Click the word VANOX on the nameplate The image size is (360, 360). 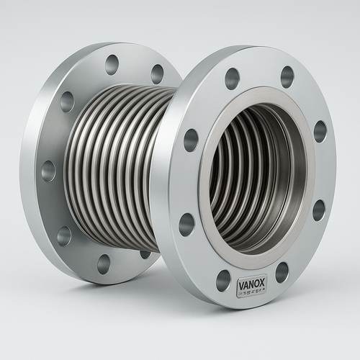[251, 284]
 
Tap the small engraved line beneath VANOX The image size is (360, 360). [251, 292]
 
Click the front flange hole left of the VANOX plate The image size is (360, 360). [223, 280]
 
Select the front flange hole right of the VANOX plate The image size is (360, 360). [282, 271]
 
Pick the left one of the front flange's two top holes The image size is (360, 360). [232, 78]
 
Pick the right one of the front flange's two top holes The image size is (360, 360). [287, 76]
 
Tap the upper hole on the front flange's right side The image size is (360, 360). [320, 131]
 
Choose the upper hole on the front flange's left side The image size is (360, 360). [191, 140]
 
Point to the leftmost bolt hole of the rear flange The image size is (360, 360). [48, 171]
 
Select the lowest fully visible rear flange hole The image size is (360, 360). [104, 264]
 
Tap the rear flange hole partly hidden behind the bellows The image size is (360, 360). [145, 253]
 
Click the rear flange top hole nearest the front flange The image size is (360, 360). [157, 73]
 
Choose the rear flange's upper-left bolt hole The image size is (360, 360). [67, 102]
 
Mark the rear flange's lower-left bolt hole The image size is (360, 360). [64, 235]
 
